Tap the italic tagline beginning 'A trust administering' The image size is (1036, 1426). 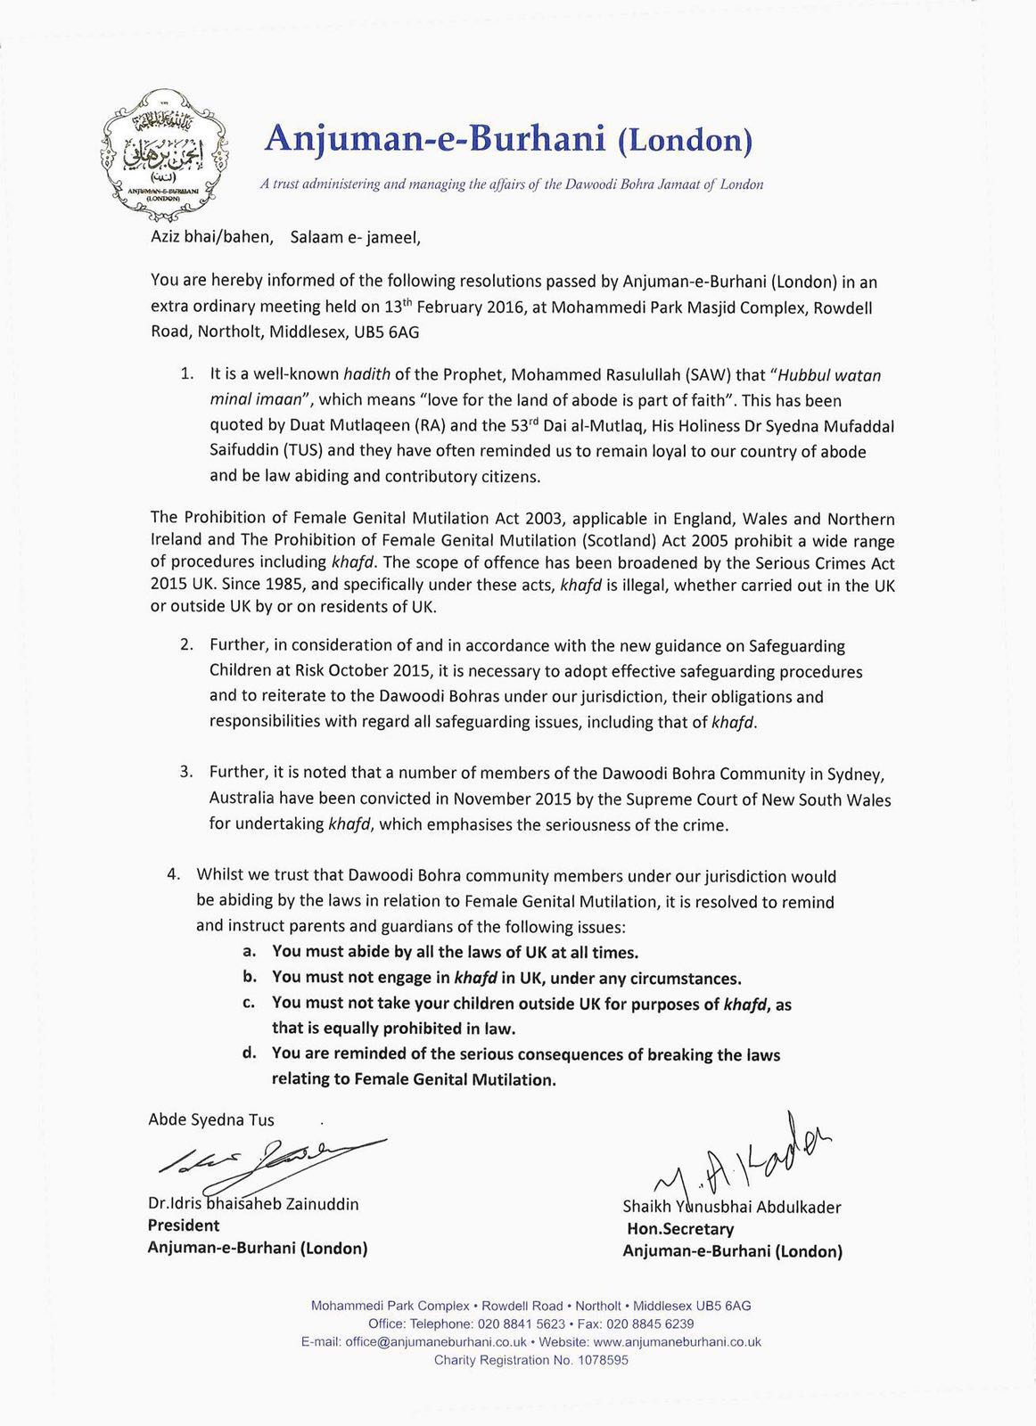pyautogui.click(x=512, y=184)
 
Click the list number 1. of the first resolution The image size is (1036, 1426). pyautogui.click(x=186, y=374)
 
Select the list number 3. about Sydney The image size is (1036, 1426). pyautogui.click(x=186, y=772)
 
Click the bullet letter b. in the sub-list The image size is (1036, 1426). pyautogui.click(x=251, y=977)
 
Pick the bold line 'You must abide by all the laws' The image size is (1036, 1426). pyautogui.click(x=455, y=952)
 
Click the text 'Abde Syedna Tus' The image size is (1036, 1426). pyautogui.click(x=211, y=1120)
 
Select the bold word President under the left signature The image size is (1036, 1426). pyautogui.click(x=183, y=1225)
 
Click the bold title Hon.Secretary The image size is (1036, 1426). pyautogui.click(x=680, y=1229)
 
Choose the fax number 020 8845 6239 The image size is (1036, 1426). pyautogui.click(x=650, y=1324)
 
